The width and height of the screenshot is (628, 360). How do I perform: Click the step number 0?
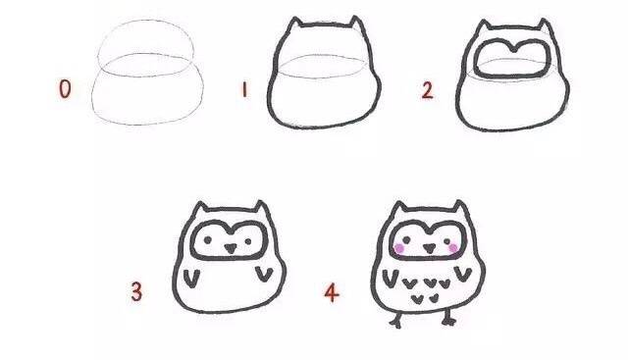click(65, 89)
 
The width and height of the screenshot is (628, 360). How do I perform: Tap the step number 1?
click(244, 90)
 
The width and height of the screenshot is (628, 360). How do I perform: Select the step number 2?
click(428, 90)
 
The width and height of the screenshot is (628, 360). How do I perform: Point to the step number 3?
click(136, 291)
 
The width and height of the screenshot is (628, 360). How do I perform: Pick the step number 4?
click(332, 292)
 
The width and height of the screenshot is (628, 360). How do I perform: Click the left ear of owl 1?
click(295, 24)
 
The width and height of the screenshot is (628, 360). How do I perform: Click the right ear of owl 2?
click(544, 26)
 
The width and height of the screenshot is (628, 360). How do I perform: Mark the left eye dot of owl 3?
click(208, 240)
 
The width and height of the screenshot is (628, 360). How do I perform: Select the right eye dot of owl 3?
click(248, 241)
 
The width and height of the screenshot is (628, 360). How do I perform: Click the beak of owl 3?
click(230, 248)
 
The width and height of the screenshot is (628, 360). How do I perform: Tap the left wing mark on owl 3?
click(192, 278)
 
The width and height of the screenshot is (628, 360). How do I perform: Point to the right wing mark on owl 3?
click(264, 274)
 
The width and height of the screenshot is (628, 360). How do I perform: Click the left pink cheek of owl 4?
click(399, 249)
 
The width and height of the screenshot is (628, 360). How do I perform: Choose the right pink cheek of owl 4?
click(453, 248)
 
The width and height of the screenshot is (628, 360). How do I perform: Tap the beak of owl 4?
click(430, 248)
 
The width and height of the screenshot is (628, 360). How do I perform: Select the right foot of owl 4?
click(448, 319)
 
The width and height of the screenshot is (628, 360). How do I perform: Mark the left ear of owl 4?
click(398, 208)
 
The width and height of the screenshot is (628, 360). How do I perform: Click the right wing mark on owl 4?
click(463, 274)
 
